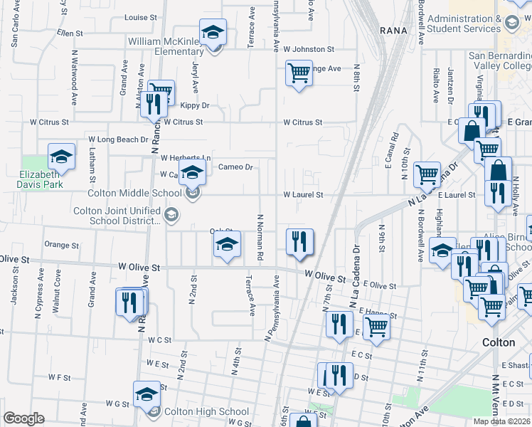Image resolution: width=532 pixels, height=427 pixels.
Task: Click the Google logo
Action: (x=23, y=418)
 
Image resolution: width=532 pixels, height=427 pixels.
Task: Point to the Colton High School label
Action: (x=206, y=411)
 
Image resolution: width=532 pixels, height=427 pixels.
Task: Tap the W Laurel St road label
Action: (x=304, y=194)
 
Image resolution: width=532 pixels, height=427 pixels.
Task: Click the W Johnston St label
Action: (x=309, y=49)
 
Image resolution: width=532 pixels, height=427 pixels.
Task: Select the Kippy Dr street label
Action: (x=195, y=105)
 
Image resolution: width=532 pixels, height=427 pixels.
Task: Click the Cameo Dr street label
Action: (x=235, y=167)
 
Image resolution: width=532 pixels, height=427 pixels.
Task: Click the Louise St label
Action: (x=140, y=17)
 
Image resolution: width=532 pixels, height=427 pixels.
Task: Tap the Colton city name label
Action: (x=499, y=342)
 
